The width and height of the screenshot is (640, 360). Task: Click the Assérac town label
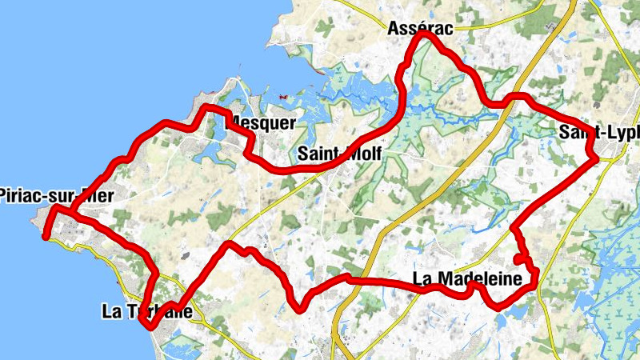coord(420,29)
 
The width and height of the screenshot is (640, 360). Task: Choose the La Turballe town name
coord(147,311)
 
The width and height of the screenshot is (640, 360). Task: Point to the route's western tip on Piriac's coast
coord(47,237)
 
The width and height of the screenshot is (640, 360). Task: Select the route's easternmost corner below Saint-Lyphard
coord(597,158)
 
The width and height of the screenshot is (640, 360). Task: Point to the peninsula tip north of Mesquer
coord(232,80)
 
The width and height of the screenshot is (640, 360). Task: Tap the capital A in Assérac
coord(393,29)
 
